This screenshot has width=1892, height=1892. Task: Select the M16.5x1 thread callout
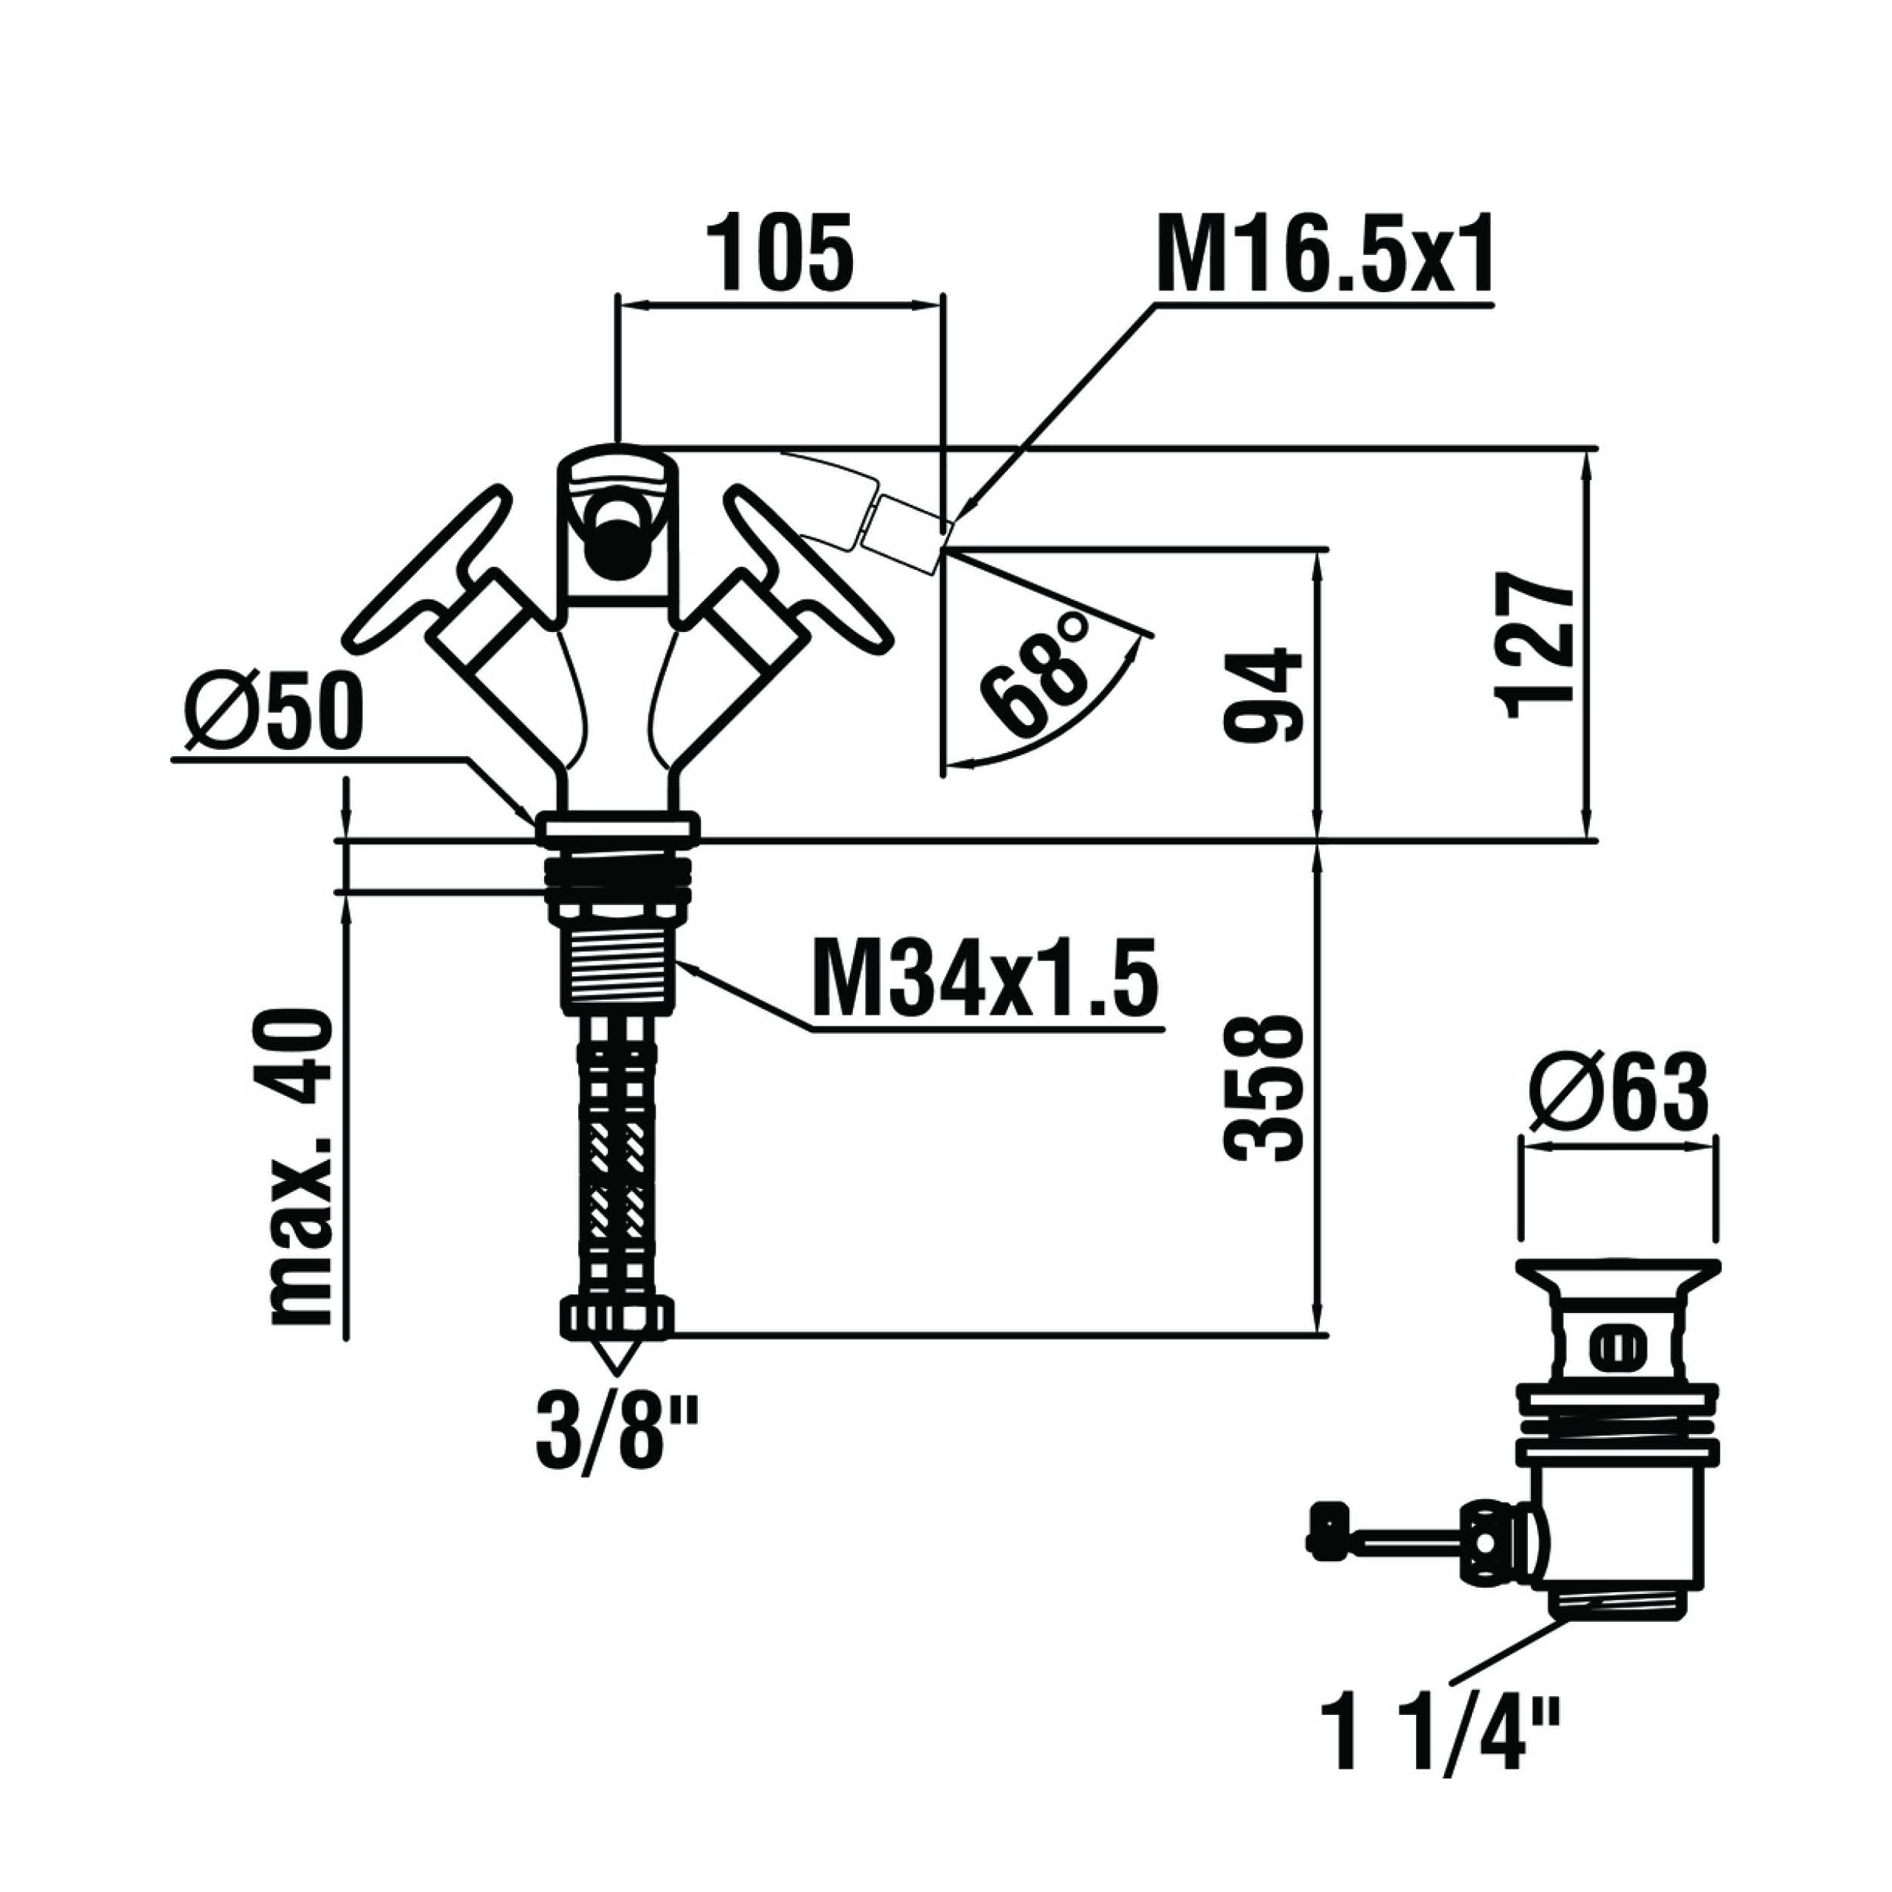(x=1325, y=252)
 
